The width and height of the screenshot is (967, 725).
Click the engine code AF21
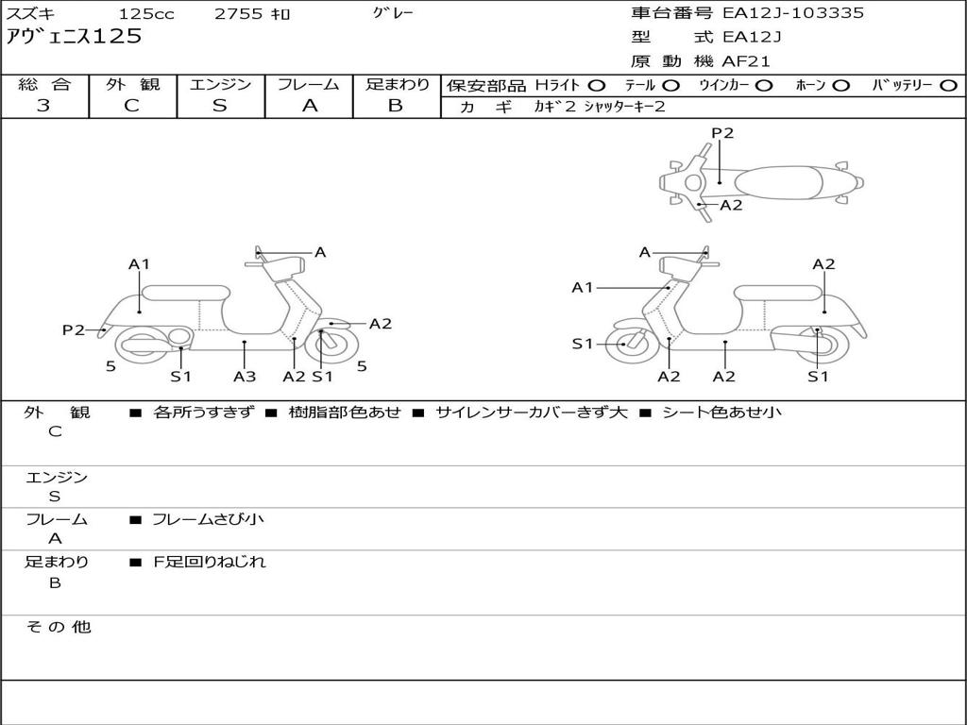(x=746, y=62)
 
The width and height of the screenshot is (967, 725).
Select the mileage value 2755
(x=239, y=14)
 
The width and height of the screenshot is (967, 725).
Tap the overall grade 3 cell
(x=43, y=106)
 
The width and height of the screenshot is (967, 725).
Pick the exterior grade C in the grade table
(x=132, y=106)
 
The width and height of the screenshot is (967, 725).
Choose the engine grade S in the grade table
(x=220, y=106)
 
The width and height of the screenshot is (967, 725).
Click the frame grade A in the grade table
(x=309, y=106)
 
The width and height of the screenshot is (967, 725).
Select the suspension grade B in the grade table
(x=396, y=106)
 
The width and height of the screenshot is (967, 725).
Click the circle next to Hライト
(x=597, y=86)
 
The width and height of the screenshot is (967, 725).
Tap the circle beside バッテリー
(x=948, y=86)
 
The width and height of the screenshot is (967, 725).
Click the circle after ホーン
(x=840, y=86)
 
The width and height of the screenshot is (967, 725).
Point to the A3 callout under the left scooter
(x=245, y=377)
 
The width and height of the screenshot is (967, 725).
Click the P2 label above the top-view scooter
(x=722, y=133)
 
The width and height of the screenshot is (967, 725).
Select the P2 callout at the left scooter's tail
(x=74, y=329)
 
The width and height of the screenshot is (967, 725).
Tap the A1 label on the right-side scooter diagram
(x=583, y=287)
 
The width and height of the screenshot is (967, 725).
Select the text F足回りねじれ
(x=210, y=562)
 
